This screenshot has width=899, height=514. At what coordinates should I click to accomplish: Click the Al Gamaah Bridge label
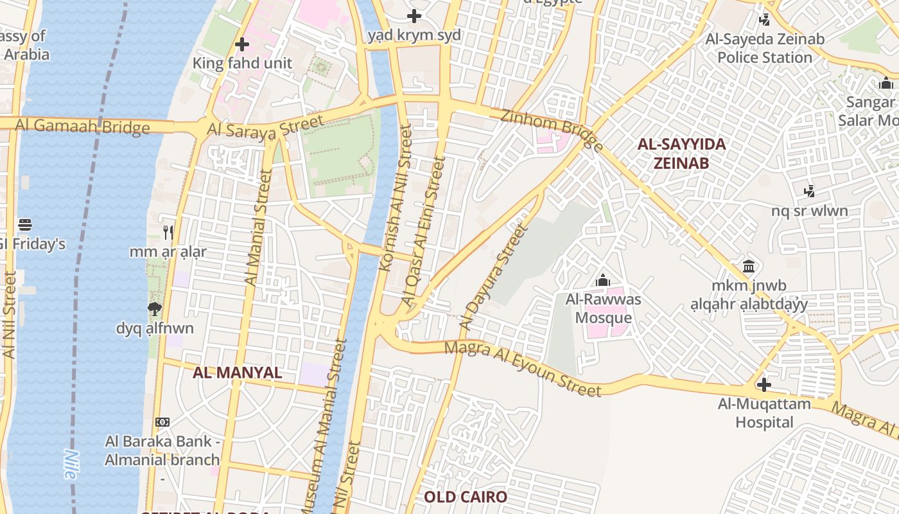pyautogui.click(x=82, y=126)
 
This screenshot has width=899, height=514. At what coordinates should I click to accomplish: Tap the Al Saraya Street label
pyautogui.click(x=265, y=128)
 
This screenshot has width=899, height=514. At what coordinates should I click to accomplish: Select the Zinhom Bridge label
pyautogui.click(x=552, y=130)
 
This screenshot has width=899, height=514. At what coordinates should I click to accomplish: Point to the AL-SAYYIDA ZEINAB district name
pyautogui.click(x=681, y=153)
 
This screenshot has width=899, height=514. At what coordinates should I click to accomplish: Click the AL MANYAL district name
pyautogui.click(x=238, y=373)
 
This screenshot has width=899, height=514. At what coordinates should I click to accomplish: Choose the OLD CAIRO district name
pyautogui.click(x=466, y=497)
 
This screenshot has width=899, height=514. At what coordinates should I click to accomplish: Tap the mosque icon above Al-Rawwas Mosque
pyautogui.click(x=602, y=280)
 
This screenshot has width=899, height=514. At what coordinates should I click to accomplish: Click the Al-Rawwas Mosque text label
pyautogui.click(x=603, y=308)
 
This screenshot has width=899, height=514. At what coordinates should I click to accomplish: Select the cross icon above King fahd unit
pyautogui.click(x=242, y=44)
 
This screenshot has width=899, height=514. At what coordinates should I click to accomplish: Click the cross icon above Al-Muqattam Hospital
pyautogui.click(x=764, y=385)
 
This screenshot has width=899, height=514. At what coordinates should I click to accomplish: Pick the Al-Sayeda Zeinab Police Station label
pyautogui.click(x=764, y=48)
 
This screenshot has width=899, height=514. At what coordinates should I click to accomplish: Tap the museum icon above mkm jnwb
pyautogui.click(x=749, y=266)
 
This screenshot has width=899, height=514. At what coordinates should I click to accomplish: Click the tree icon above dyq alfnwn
pyautogui.click(x=154, y=309)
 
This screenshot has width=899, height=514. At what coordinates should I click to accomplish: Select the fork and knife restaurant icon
pyautogui.click(x=168, y=232)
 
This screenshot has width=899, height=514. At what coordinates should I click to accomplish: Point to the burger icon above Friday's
pyautogui.click(x=25, y=225)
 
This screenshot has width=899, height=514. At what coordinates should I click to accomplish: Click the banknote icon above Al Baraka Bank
pyautogui.click(x=162, y=422)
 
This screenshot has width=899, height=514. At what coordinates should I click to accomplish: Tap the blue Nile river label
pyautogui.click(x=69, y=464)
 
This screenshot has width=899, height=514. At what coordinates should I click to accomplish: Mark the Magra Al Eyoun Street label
pyautogui.click(x=523, y=369)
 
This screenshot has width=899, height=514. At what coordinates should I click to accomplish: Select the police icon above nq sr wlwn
pyautogui.click(x=809, y=191)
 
